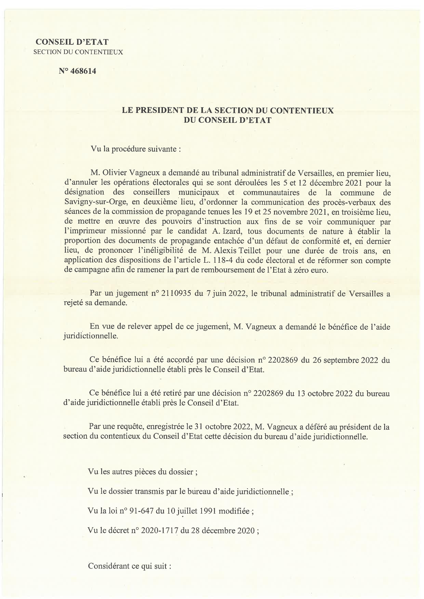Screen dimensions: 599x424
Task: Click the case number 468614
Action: coord(83,71)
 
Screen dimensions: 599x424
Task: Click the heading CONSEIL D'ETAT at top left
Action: coord(72,42)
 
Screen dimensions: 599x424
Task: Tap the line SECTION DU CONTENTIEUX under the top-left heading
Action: coord(78,52)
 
